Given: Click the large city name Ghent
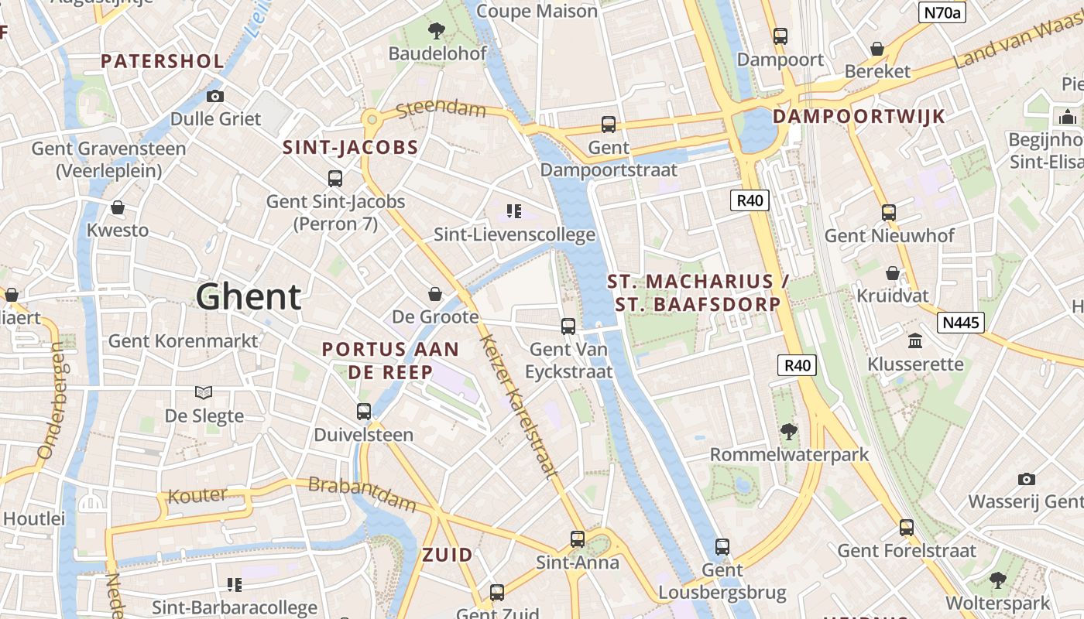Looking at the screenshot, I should tap(248, 296).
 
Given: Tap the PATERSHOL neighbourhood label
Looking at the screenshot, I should tap(162, 61).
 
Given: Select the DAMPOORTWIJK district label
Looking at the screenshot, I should tap(859, 117).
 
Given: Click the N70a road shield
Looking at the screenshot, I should tap(942, 12).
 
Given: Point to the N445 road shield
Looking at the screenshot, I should tap(960, 323).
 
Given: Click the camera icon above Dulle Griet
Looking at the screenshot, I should tap(215, 96).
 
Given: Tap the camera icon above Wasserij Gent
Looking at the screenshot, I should tap(1027, 479).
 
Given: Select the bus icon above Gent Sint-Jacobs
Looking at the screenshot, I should tap(335, 179).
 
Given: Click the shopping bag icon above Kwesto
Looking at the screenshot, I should tap(118, 207).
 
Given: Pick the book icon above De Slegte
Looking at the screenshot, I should tap(204, 393).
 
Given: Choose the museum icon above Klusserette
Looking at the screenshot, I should tap(915, 341).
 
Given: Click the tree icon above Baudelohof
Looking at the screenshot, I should tap(437, 31).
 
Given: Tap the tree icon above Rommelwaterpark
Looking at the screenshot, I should tap(789, 431).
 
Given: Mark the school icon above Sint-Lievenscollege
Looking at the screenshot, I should tap(513, 211).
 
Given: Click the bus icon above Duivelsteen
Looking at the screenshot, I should tap(364, 412).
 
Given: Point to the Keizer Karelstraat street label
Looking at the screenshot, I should tap(518, 406).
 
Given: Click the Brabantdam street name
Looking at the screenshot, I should tap(362, 494).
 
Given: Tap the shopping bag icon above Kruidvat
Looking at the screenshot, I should tap(892, 273).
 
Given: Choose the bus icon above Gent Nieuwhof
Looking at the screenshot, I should tap(889, 212).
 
